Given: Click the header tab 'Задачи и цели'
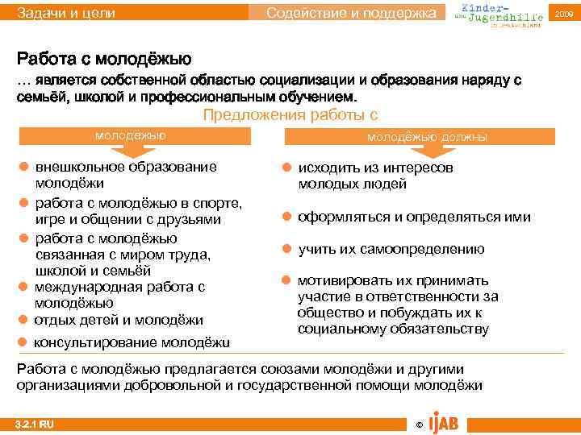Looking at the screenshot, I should click(x=66, y=13).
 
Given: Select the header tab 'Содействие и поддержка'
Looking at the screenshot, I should click(x=355, y=13).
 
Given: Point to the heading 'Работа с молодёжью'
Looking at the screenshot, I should click(x=104, y=60).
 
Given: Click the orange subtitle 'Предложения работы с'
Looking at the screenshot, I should click(x=290, y=114).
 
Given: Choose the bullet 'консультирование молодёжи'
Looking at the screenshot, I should click(x=131, y=342).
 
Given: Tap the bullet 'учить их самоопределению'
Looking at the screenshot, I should click(x=391, y=249).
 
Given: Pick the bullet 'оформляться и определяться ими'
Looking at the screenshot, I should click(x=414, y=217).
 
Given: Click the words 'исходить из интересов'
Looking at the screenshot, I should click(x=375, y=168).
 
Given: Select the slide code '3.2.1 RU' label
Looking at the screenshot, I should click(x=36, y=423).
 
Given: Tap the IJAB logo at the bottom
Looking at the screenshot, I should click(x=445, y=420).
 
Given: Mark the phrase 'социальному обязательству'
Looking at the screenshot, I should click(x=392, y=329).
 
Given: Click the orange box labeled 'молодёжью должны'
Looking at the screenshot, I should click(x=427, y=137).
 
